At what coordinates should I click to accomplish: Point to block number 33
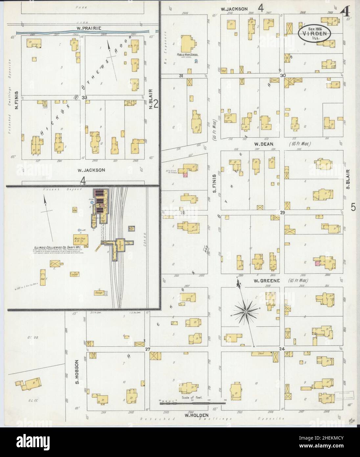(84, 97)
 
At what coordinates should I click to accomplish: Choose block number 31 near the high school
(181, 76)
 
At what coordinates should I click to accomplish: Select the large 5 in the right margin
(353, 207)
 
